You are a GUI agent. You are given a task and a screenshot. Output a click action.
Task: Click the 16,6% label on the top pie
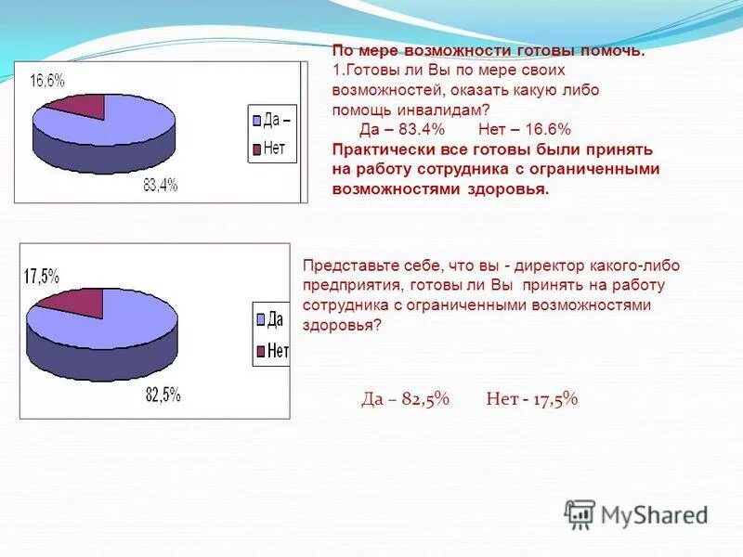tap(47, 81)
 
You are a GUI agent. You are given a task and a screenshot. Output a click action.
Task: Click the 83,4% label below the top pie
tap(160, 186)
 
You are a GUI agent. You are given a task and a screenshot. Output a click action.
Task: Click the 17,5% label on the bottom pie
tap(41, 276)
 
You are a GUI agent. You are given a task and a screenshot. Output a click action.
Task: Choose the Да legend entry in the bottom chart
tap(269, 320)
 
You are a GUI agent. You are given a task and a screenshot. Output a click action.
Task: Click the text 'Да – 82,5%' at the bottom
tap(405, 399)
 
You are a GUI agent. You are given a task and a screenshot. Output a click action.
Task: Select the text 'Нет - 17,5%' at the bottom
tap(531, 399)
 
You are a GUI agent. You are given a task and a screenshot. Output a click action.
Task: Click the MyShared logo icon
tap(580, 513)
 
